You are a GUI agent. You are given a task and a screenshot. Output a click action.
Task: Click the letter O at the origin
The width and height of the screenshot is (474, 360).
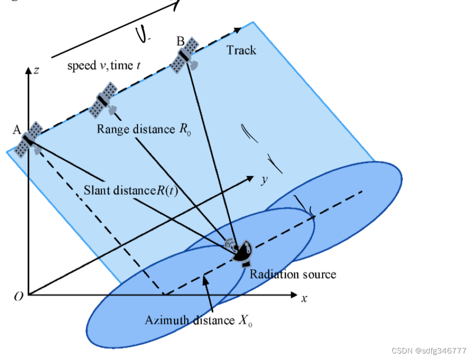tap(19, 297)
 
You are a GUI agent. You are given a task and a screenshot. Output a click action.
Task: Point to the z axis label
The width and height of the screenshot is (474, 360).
tap(37, 71)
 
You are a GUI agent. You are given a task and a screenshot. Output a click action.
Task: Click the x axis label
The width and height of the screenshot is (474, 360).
tap(304, 298)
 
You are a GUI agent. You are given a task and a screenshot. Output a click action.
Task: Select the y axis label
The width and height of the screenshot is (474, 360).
tap(263, 180)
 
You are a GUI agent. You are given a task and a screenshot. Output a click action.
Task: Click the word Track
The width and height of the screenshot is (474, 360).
tap(241, 50)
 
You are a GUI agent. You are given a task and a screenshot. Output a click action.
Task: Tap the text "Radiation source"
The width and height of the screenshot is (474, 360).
tap(293, 274)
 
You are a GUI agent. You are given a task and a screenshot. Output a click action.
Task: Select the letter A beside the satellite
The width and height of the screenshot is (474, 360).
tap(16, 131)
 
